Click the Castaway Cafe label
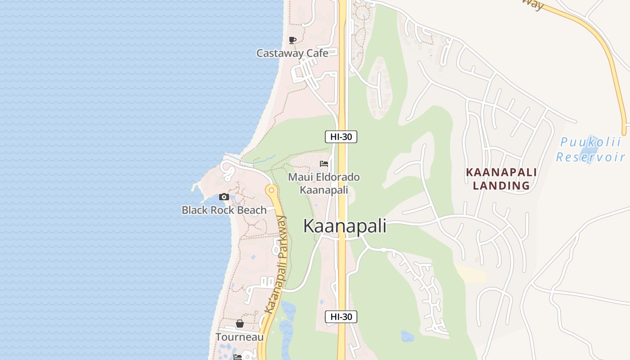[x=292, y=53]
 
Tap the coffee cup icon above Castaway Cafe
[x=292, y=40]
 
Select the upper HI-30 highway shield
[x=341, y=137]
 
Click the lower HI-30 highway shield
[x=341, y=317]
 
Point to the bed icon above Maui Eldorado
[x=324, y=164]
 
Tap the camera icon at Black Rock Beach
[x=224, y=197]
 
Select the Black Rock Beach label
[x=224, y=210]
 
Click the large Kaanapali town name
[x=345, y=226]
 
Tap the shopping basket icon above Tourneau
[x=239, y=324]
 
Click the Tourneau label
[x=239, y=337]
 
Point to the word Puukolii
[x=590, y=143]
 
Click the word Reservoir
[x=590, y=157]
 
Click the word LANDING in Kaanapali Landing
[x=501, y=185]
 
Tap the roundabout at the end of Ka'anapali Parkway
[x=271, y=190]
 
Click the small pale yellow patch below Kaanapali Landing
[x=471, y=274]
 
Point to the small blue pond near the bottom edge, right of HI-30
[x=407, y=336]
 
